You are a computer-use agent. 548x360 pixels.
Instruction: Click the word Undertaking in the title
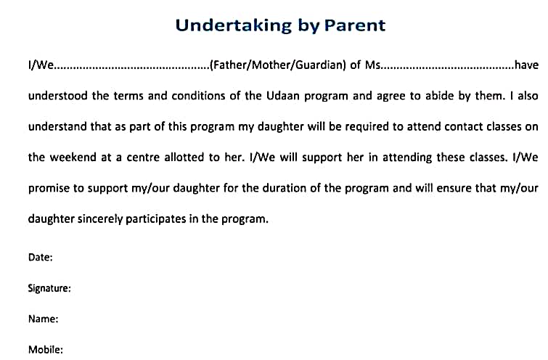[x=234, y=26]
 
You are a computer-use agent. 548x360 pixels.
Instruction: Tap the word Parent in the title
[x=355, y=25]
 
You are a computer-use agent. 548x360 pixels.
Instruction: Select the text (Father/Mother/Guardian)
[x=278, y=65]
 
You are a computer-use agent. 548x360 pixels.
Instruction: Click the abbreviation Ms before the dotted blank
[x=372, y=65]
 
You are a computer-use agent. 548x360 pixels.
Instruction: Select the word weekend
[x=73, y=157]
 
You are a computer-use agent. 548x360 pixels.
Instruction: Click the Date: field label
[x=40, y=257]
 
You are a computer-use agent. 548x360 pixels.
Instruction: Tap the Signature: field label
[x=49, y=288]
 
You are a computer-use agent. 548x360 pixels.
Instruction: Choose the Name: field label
[x=43, y=319]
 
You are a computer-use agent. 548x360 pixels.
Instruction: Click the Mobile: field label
[x=46, y=350]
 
